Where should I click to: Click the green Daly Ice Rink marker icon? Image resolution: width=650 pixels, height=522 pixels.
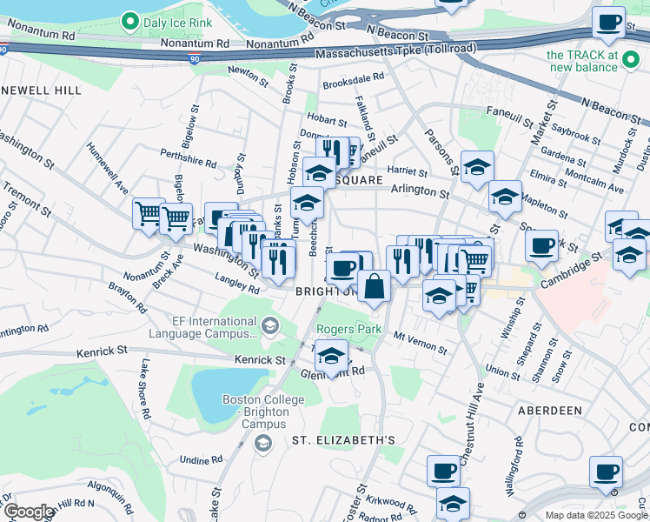(130, 19)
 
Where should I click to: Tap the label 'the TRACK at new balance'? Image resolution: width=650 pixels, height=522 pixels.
(582, 61)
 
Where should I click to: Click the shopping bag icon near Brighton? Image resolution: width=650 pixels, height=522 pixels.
(374, 286)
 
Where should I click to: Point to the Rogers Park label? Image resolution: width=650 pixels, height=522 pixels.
(348, 330)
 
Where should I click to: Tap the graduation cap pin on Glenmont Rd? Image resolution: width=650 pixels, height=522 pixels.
(330, 357)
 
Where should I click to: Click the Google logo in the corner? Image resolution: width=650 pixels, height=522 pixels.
(29, 512)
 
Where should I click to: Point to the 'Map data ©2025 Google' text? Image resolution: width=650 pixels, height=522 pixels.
(595, 515)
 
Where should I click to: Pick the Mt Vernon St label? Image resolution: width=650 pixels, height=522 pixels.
(421, 342)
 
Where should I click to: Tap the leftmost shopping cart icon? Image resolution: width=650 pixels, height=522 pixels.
(149, 212)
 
